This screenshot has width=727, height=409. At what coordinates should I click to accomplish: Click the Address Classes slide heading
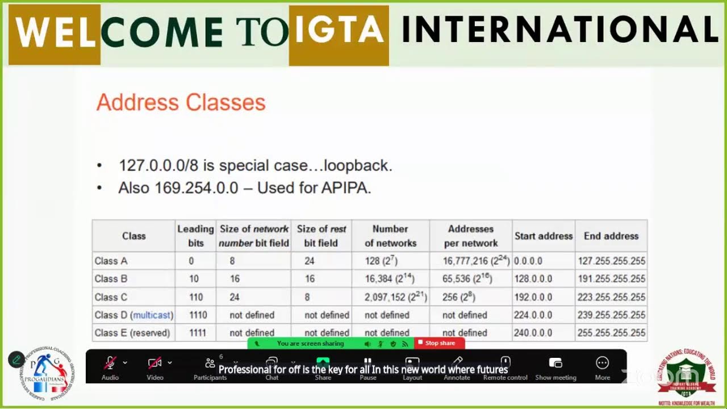tap(181, 103)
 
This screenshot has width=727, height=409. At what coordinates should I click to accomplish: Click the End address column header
tap(611, 236)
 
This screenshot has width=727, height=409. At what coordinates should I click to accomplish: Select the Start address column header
tap(543, 236)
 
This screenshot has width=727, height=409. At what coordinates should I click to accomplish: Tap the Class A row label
tap(111, 261)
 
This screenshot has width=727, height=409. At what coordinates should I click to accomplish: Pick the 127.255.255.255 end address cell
tap(611, 261)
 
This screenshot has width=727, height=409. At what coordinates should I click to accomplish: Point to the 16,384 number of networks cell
tap(389, 279)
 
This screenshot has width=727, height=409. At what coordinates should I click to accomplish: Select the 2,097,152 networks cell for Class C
tap(395, 297)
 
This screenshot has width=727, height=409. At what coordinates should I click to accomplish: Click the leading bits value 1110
tap(198, 315)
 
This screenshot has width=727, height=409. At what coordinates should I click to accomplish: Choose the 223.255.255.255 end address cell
tap(611, 297)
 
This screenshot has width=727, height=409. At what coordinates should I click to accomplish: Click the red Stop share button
tap(440, 343)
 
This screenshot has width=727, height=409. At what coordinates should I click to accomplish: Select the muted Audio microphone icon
tap(110, 363)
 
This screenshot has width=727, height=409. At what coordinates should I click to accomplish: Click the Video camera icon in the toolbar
tap(154, 363)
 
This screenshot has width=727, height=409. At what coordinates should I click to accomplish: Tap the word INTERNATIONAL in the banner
tap(559, 30)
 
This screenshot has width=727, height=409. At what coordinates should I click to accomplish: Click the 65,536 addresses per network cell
tap(467, 279)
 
